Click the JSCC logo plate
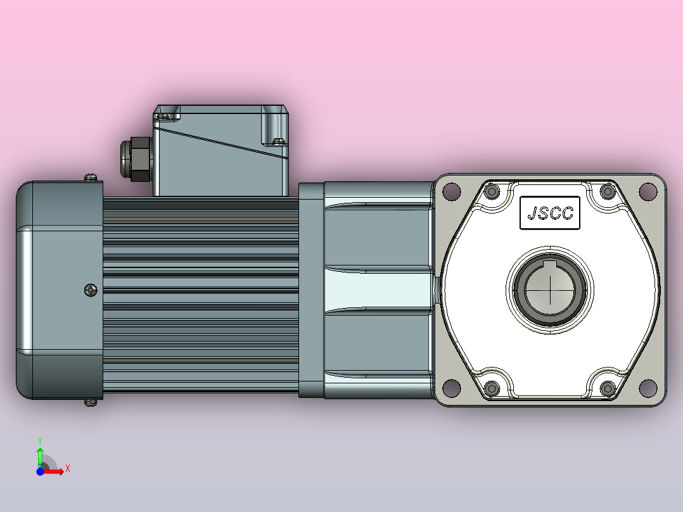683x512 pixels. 549,213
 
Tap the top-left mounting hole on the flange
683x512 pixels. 450,190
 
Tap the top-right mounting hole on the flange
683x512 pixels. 648,190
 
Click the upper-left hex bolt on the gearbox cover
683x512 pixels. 492,191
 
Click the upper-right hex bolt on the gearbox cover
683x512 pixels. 607,191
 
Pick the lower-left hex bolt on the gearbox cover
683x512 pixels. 492,388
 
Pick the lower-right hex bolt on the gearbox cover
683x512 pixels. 607,388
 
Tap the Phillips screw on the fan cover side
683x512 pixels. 91,290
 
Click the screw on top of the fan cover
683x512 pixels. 92,177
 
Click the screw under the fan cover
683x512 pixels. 92,402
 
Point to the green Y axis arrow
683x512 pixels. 40,453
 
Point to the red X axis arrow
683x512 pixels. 57,470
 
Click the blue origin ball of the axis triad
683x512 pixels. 40,471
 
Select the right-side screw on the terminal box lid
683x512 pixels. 277,141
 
